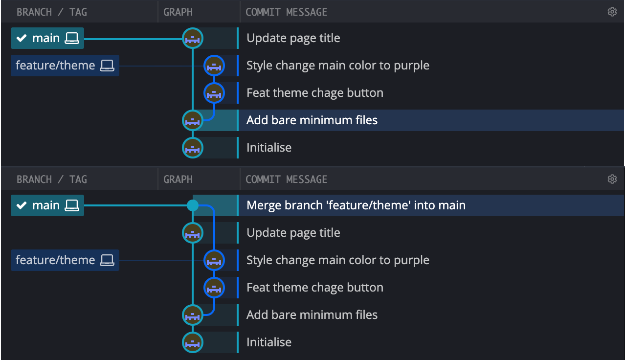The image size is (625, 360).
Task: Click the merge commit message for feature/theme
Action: click(x=356, y=205)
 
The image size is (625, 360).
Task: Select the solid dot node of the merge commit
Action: click(x=193, y=205)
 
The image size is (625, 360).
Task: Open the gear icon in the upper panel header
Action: click(x=612, y=12)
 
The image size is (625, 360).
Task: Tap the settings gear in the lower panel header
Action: click(x=612, y=179)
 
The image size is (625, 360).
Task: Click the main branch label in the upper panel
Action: click(x=47, y=38)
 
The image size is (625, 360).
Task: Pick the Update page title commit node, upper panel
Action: click(x=193, y=38)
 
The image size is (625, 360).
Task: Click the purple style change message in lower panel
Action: click(x=337, y=260)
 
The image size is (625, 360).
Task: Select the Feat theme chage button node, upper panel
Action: click(x=214, y=92)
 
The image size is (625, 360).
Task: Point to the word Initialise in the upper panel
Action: click(x=268, y=148)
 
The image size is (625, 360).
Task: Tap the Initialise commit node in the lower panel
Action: click(x=193, y=342)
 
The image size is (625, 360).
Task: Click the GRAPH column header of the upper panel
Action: click(x=178, y=12)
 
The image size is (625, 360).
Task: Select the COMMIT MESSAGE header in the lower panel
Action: click(x=286, y=179)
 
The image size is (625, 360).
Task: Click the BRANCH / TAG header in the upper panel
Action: click(x=51, y=12)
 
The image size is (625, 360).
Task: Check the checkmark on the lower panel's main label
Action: click(x=22, y=205)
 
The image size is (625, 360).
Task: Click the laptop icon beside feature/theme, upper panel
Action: click(x=107, y=66)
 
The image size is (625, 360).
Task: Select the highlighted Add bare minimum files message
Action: click(x=312, y=120)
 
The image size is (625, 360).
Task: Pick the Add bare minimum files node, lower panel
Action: click(x=193, y=315)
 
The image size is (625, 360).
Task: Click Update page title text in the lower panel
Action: click(x=293, y=233)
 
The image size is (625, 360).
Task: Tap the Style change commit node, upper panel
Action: click(x=214, y=66)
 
